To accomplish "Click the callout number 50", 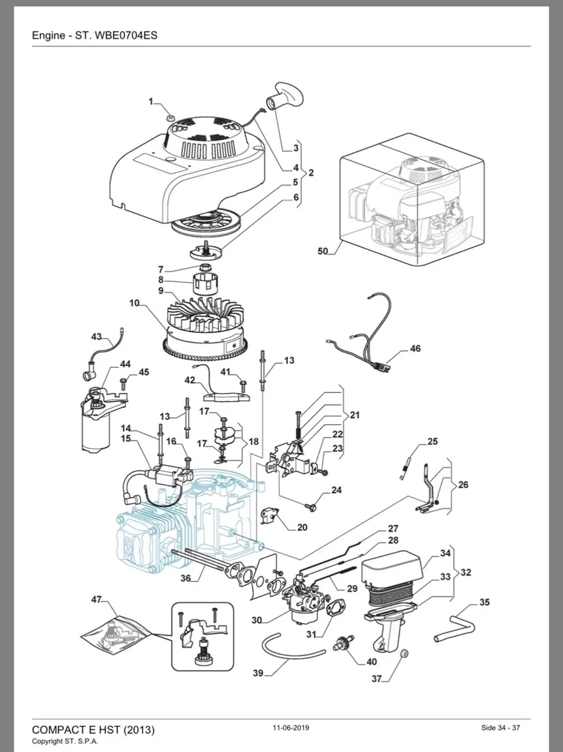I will point(323,251).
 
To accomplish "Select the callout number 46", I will point(415,349).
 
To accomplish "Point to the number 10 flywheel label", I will point(135,303).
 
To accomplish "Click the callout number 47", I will point(96,600).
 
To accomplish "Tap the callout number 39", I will point(258,673).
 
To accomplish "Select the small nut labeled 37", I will point(403,655).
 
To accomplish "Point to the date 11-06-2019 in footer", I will point(291,728).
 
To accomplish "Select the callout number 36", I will point(185,578).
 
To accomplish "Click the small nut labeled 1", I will point(171,118).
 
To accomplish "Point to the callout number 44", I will point(125,364).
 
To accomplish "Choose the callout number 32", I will point(466,572).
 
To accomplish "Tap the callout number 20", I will point(302,527).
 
